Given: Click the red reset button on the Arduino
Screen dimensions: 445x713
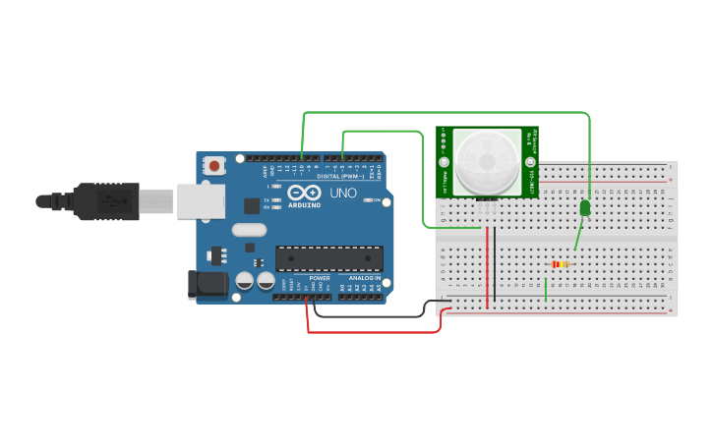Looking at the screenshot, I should click(x=214, y=166).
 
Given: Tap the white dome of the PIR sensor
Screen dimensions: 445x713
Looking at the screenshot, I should click(x=487, y=159).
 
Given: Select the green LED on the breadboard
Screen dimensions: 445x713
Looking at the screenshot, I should click(x=585, y=208).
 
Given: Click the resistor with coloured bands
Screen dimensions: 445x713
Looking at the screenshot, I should click(x=561, y=264).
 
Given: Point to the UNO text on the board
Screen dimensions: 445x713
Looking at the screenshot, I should click(x=343, y=193).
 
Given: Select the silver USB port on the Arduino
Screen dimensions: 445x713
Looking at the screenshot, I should click(x=200, y=202).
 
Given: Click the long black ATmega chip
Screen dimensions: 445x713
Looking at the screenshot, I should click(x=328, y=258).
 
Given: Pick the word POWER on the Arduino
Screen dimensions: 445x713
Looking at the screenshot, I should click(x=320, y=278).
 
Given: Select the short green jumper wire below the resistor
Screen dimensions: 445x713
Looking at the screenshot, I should click(x=545, y=290).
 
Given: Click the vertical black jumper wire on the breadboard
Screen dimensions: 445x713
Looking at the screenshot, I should click(x=496, y=263).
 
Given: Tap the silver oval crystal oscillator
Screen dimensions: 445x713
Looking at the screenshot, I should click(x=250, y=231).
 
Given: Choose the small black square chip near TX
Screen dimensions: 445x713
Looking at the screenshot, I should click(x=252, y=205).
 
